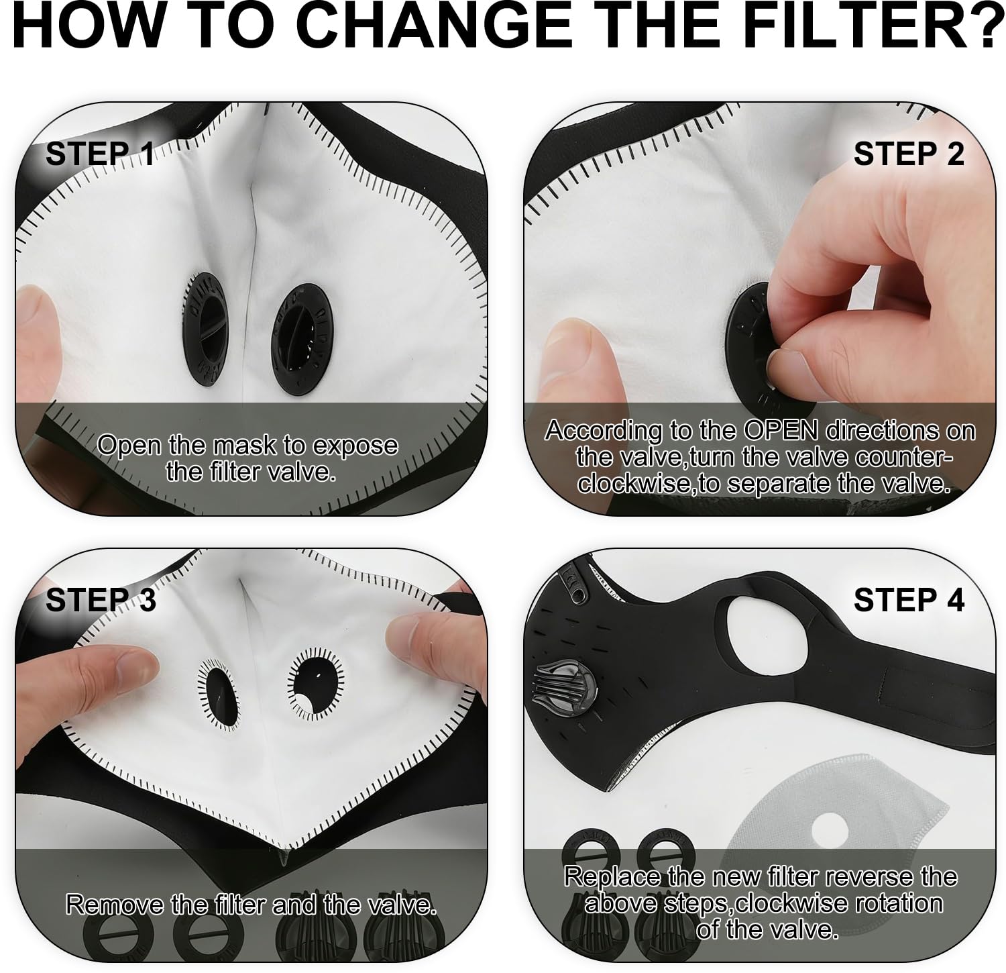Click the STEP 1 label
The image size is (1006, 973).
[100, 154]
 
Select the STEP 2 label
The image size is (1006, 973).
[909, 154]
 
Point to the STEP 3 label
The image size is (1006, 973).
[101, 599]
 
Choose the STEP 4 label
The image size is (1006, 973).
[909, 599]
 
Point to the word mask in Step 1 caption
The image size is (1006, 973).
[245, 446]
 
